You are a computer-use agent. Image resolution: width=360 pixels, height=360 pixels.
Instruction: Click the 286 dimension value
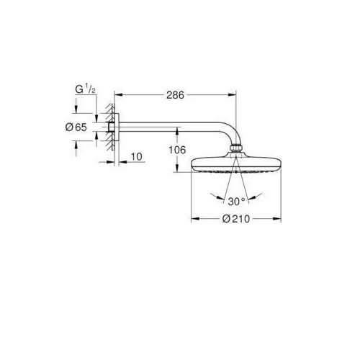coord(175,95)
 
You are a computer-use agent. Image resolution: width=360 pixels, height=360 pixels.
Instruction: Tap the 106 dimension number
coord(177,150)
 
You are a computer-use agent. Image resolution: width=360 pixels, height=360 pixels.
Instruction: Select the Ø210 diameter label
coord(236,219)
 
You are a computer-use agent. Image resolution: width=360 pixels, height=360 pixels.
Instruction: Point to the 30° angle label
coord(236,202)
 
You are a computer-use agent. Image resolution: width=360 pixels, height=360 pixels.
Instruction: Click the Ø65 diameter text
coord(76,127)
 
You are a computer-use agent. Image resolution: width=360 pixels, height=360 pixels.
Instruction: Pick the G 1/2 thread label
coord(86,89)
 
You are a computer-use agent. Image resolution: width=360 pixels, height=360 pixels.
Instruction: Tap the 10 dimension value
coord(137,157)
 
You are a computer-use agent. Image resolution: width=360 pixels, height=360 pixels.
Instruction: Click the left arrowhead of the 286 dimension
coord(119,95)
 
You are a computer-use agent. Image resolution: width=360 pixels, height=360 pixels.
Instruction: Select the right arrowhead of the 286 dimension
coord(232,95)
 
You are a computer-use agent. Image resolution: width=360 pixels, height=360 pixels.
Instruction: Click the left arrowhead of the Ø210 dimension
coord(195,219)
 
